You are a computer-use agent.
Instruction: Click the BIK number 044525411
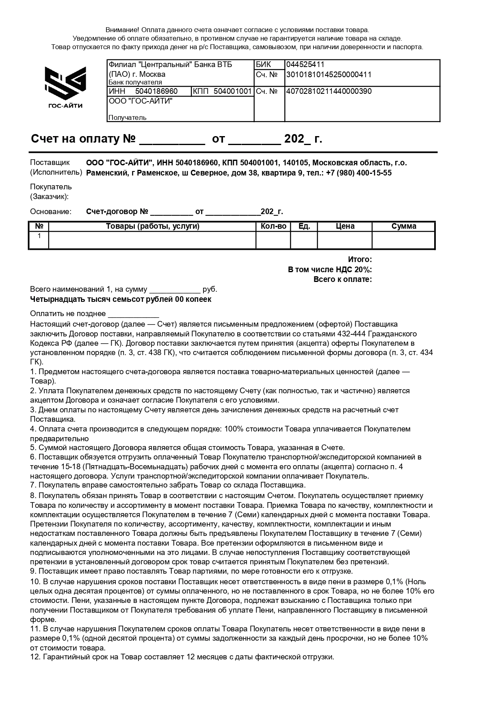tap(305, 65)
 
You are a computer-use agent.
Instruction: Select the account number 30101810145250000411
tap(329, 75)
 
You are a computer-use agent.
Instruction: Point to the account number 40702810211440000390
tap(329, 91)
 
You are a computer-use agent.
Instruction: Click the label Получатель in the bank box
tap(127, 118)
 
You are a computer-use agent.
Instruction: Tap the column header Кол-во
tap(273, 226)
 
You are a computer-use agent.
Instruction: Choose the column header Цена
tap(345, 226)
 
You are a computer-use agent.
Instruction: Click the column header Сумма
tap(404, 226)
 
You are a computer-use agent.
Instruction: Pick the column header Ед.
tap(304, 226)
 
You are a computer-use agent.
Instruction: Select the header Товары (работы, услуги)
tap(152, 226)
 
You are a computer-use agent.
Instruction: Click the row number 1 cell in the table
tap(39, 236)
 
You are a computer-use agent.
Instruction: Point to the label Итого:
tap(360, 260)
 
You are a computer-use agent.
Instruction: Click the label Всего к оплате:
tap(343, 280)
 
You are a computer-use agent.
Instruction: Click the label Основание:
tap(50, 212)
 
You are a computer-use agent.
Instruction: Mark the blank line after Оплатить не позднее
tap(133, 314)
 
